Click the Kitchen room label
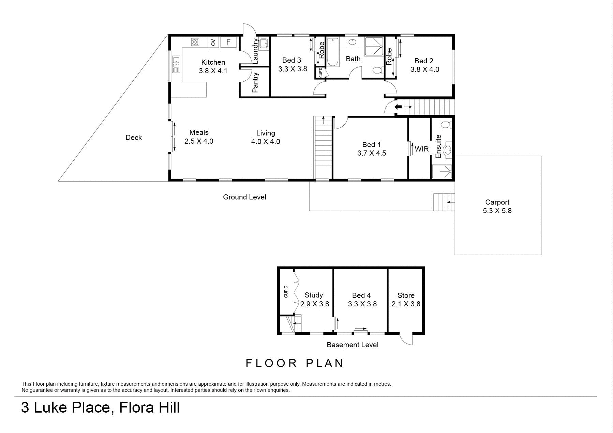coord(213,62)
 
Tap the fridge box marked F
coord(228,42)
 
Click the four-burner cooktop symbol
coord(195,42)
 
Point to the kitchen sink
coord(176,64)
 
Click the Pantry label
coord(255,83)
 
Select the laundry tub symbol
coord(264,44)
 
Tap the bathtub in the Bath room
coord(332,52)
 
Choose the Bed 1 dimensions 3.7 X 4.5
coord(372,153)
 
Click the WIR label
coord(422,149)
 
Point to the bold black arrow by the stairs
coord(398,107)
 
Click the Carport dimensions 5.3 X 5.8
coord(497,211)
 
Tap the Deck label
coord(134,138)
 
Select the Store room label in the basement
coord(406,295)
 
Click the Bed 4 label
coord(361,295)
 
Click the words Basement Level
coord(353,345)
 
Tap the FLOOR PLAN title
coord(295,363)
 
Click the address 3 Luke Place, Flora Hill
coord(100,407)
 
